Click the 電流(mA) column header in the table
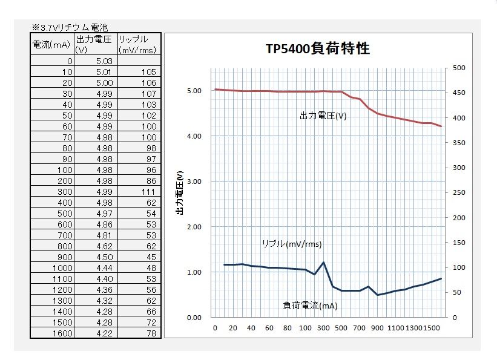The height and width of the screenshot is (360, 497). pyautogui.click(x=52, y=44)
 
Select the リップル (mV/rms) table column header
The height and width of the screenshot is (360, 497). pyautogui.click(x=138, y=44)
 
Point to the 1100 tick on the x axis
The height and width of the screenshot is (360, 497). pyautogui.click(x=395, y=327)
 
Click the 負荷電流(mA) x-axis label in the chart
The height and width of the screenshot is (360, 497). pyautogui.click(x=310, y=306)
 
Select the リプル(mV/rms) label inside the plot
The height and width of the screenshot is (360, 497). pyautogui.click(x=291, y=244)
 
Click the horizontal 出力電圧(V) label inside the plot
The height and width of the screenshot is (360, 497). pyautogui.click(x=323, y=115)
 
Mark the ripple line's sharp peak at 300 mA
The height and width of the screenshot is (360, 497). pyautogui.click(x=323, y=263)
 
